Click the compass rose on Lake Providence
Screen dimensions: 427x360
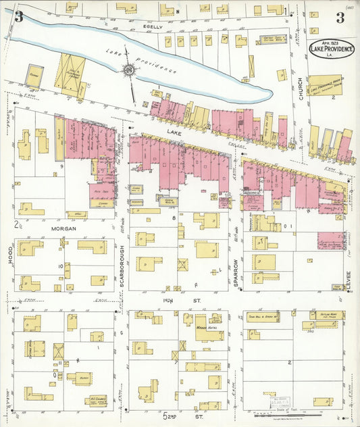pyautogui.click(x=128, y=70)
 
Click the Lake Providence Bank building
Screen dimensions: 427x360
pyautogui.click(x=325, y=85)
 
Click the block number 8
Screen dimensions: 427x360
pyautogui.click(x=174, y=218)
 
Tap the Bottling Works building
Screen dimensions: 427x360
pyautogui.click(x=327, y=315)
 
